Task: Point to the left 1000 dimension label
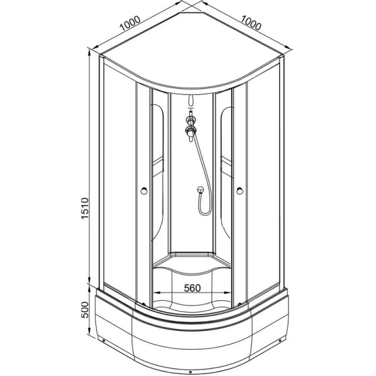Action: coord(130,23)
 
